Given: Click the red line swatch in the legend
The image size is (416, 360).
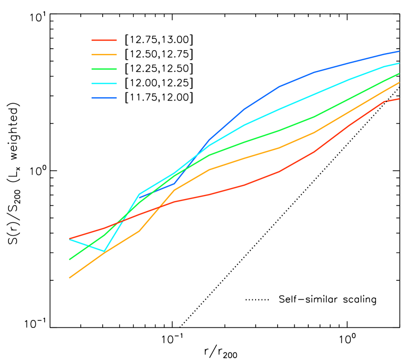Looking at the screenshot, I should [104, 40].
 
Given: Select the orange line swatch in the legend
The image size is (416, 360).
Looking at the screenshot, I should [104, 55].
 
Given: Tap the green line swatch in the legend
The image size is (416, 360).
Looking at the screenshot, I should [104, 69].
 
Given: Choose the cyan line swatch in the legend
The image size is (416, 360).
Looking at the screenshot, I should [104, 84].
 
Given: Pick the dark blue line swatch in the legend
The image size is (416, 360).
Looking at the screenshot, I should [104, 98].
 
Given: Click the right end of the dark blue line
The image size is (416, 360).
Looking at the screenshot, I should [399, 51].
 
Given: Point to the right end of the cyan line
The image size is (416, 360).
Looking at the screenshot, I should [399, 63].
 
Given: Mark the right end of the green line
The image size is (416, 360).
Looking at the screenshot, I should [399, 74].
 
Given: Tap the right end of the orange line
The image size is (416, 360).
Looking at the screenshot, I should [399, 83].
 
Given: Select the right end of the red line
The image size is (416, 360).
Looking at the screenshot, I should [399, 99].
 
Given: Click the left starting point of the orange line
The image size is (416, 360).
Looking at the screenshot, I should [69, 277].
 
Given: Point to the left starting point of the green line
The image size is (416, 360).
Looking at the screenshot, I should [69, 259].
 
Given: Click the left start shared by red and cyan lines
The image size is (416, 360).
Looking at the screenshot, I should [69, 239].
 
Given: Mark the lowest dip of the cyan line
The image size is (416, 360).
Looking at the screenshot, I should [104, 251].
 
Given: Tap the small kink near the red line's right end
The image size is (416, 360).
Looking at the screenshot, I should [384, 101].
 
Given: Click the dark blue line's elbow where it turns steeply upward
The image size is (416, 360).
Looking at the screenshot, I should [174, 184].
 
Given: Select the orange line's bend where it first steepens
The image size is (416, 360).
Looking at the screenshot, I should [139, 231].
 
